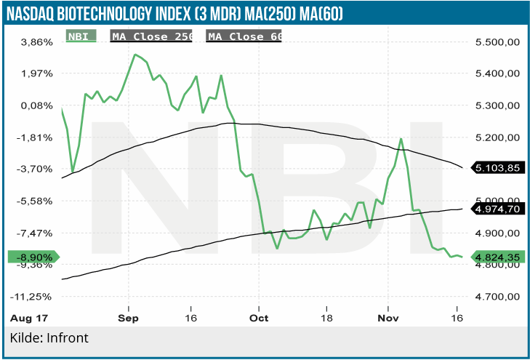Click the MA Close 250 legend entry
(150, 36)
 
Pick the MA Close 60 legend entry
(244, 36)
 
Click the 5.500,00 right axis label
(497, 42)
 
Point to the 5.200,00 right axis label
(497, 137)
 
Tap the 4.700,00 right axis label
(497, 297)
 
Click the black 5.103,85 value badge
(497, 168)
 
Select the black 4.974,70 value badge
(497, 209)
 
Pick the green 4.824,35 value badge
(497, 257)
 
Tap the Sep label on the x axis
(128, 318)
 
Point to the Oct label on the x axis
(258, 318)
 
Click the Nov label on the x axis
(388, 318)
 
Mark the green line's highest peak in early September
(134, 55)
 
